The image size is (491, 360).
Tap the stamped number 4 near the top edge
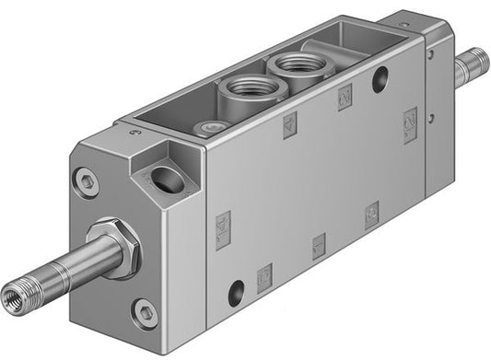click(290, 127)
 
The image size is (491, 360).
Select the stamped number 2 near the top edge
click(345, 96)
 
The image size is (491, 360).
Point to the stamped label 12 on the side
click(410, 120)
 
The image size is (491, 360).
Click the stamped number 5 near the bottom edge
click(264, 274)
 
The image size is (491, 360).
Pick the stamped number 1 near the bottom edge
click(319, 244)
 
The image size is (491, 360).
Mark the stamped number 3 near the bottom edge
click(371, 215)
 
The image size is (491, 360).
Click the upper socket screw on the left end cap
click(87, 181)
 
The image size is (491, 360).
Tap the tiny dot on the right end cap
click(430, 54)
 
